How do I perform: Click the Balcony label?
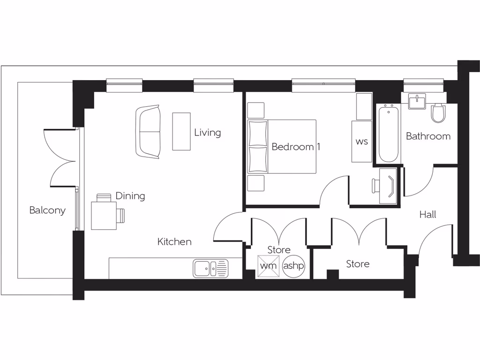[47, 210]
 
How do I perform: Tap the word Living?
[207, 133]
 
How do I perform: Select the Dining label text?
[130, 196]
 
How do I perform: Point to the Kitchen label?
[174, 242]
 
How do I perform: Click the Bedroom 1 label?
[296, 147]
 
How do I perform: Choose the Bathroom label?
[428, 136]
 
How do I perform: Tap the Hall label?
[427, 215]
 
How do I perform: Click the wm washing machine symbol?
[268, 266]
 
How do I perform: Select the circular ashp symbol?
[294, 266]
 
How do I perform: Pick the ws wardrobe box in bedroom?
[362, 142]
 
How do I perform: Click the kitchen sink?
[210, 269]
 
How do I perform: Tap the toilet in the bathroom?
[439, 112]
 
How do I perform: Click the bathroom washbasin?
[416, 101]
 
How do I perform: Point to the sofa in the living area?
[148, 131]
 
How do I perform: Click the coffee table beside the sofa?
[181, 131]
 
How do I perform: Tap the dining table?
[104, 215]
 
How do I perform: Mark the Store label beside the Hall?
[358, 264]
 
